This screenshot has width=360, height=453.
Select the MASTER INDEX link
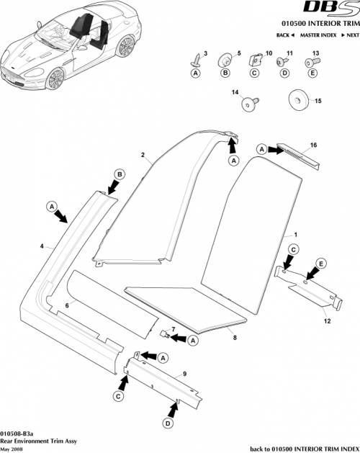(320, 35)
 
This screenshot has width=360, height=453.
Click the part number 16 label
(313, 145)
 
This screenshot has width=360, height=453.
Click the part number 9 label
(184, 374)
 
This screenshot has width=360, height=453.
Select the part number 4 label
(42, 246)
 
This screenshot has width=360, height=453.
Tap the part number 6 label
(67, 306)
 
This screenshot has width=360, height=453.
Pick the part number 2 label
(143, 155)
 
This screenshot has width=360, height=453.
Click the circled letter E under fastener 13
(312, 73)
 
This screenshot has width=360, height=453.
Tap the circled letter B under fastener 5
(224, 73)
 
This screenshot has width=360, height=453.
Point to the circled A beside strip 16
(263, 149)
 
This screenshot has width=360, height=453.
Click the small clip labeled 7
(164, 334)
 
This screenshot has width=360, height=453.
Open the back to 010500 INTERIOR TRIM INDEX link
(303, 447)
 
